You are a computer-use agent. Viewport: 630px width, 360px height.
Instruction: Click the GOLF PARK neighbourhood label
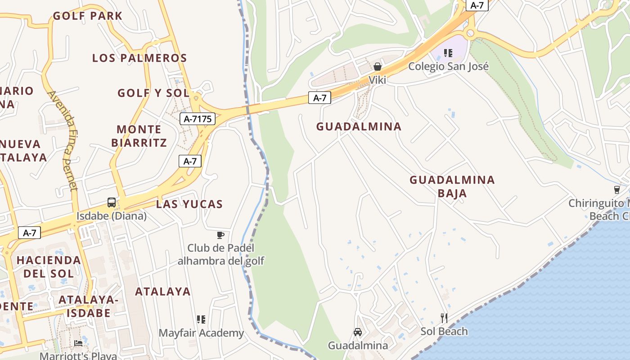(87, 16)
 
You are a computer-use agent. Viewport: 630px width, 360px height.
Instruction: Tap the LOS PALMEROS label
(139, 58)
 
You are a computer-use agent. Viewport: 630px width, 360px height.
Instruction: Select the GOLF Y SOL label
(153, 93)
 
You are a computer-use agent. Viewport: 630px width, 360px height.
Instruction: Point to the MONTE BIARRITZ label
(139, 136)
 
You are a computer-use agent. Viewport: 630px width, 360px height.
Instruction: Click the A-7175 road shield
(197, 119)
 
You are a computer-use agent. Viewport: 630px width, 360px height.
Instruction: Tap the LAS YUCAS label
(189, 204)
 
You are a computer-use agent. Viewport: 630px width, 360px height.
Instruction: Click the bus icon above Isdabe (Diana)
(112, 202)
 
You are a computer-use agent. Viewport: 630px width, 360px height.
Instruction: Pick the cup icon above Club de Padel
(220, 235)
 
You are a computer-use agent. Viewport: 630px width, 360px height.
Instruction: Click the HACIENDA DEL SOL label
(49, 266)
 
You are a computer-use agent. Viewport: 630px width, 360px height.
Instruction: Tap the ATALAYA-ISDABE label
(88, 306)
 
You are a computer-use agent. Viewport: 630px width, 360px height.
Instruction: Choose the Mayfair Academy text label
(201, 333)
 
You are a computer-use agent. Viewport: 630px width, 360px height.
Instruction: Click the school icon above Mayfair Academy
(201, 319)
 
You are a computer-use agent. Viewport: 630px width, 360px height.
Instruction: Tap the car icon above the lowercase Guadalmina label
(358, 332)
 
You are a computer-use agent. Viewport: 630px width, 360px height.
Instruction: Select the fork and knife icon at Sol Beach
(444, 318)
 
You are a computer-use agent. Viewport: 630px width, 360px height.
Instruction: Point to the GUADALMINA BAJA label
(452, 186)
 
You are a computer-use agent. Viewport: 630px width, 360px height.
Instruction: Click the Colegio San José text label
(448, 67)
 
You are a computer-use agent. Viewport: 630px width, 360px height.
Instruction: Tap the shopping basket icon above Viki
(378, 67)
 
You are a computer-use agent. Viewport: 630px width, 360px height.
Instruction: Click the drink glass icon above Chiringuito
(617, 189)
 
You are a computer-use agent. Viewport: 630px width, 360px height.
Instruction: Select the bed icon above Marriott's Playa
(78, 343)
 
